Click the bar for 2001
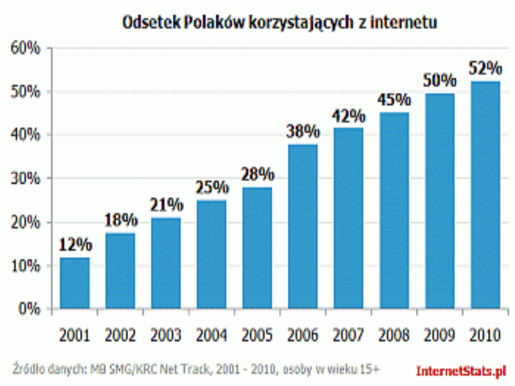click(x=74, y=284)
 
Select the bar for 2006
click(x=303, y=226)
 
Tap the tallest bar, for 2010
click(x=485, y=195)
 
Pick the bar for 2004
click(x=211, y=254)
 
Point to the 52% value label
click(x=485, y=69)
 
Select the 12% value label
click(x=75, y=245)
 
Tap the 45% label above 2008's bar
click(x=394, y=100)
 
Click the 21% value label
click(x=166, y=205)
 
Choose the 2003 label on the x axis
click(x=166, y=335)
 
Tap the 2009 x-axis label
click(x=440, y=335)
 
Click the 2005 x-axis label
click(x=257, y=335)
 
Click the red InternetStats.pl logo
click(x=461, y=370)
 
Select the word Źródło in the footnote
click(x=29, y=369)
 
